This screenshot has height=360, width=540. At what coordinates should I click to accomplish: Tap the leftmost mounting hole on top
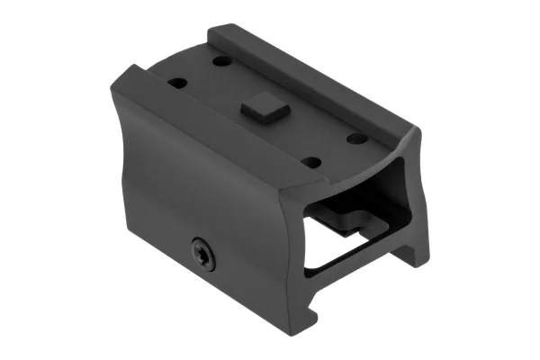(x=178, y=83)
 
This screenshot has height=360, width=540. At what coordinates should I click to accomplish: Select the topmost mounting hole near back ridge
(x=222, y=61)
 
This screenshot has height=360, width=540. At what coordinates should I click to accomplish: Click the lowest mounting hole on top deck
(x=310, y=162)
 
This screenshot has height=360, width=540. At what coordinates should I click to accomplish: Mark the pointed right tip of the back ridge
(x=420, y=135)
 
